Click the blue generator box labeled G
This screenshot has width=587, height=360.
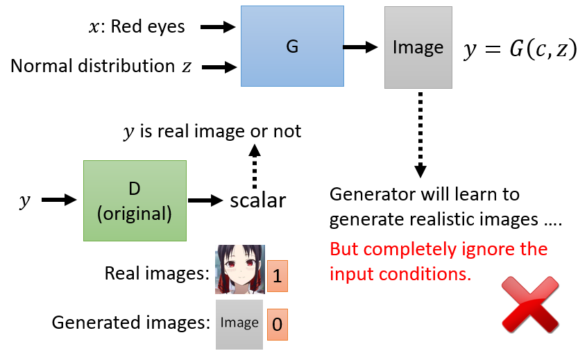292,46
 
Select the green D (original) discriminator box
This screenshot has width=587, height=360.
135,200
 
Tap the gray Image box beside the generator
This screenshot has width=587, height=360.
418,47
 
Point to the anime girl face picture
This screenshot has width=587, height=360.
239,269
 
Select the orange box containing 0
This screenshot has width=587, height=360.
277,324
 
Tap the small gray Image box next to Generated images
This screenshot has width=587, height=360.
239,323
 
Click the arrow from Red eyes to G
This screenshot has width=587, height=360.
219,27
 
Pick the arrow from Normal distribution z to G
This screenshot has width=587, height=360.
219,67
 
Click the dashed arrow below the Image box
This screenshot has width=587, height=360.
419,136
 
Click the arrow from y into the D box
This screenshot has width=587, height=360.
59,200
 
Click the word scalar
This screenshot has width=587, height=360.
258,201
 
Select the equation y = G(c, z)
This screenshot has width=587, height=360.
520,49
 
